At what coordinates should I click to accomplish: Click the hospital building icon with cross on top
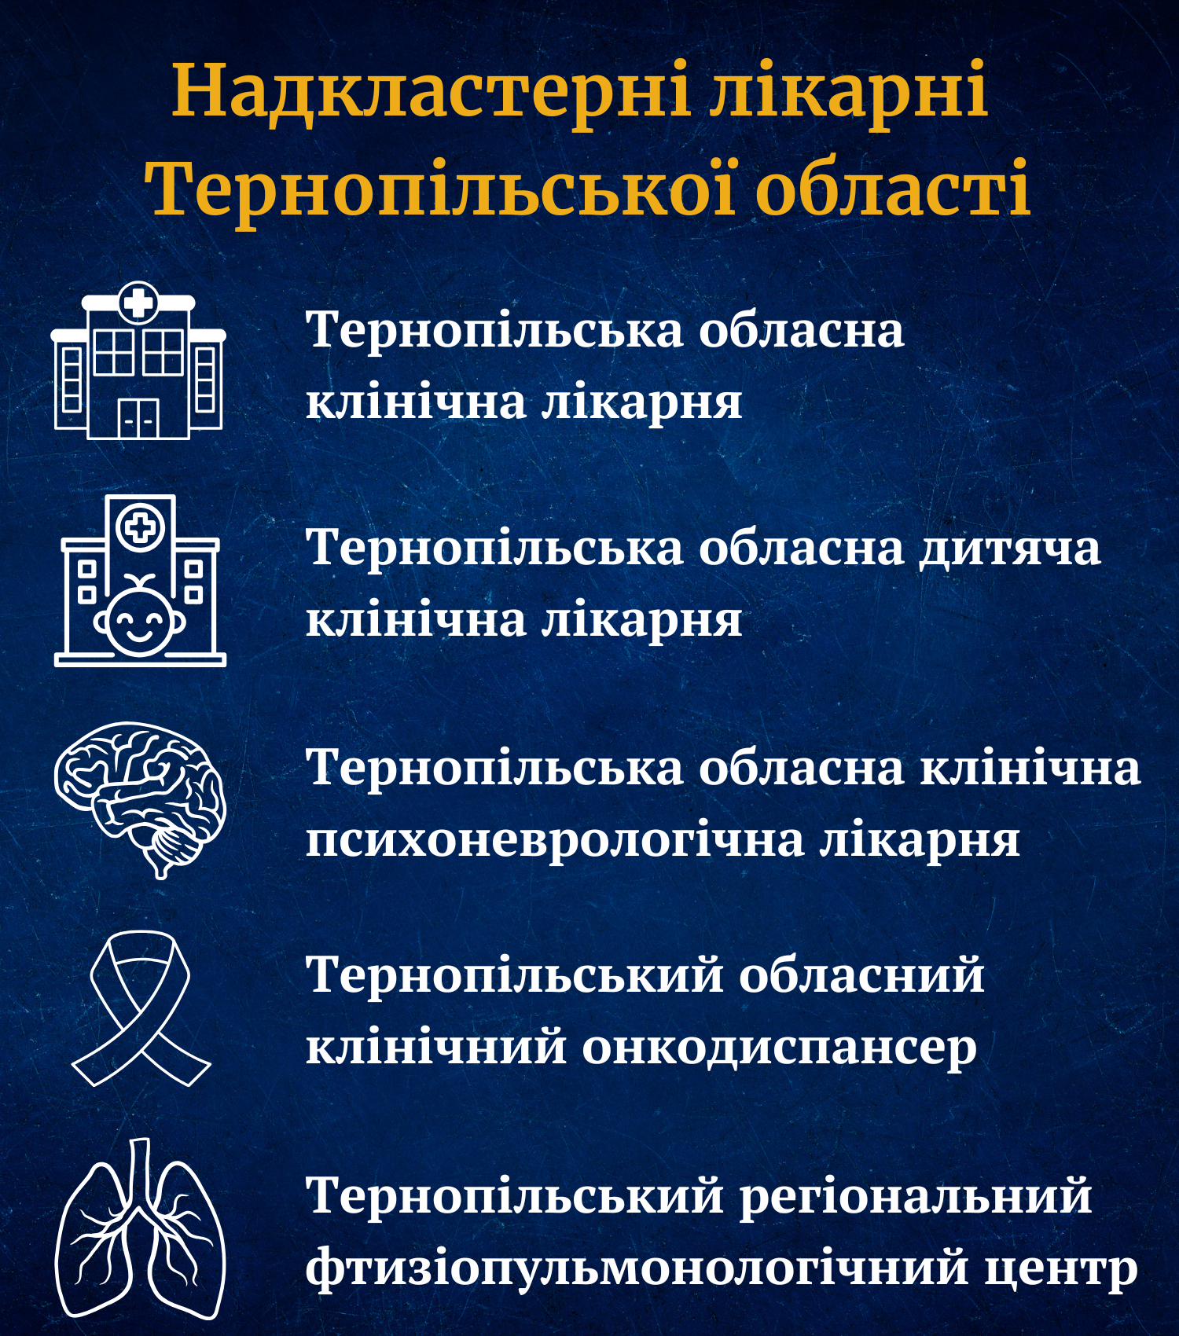point(139,360)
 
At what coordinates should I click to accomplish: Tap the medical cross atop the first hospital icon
point(138,302)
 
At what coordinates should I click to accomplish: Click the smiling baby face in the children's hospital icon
point(141,615)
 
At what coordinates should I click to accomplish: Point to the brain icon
point(140,798)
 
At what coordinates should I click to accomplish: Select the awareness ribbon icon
point(141,1008)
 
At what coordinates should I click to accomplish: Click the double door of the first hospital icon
point(138,417)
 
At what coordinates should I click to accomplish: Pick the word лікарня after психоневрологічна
point(920,839)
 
